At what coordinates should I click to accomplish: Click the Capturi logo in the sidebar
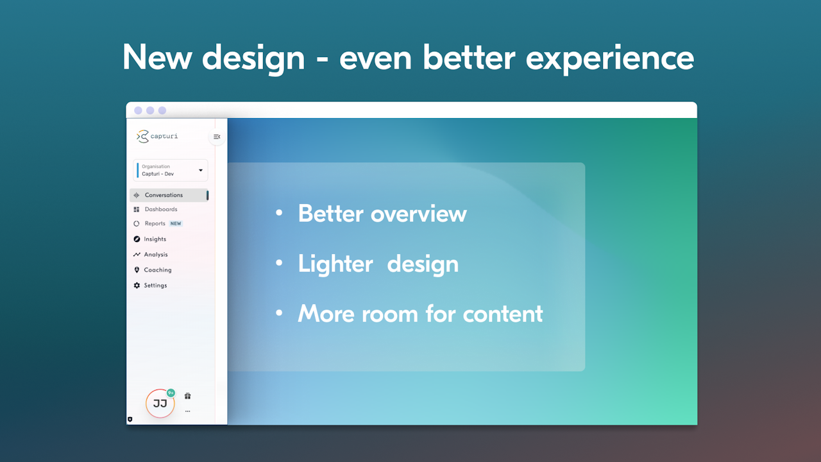(157, 137)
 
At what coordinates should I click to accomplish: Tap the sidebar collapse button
(217, 137)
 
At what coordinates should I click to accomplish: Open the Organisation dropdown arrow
(201, 170)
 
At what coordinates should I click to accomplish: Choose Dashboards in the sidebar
(161, 209)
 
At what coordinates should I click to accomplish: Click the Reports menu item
(155, 223)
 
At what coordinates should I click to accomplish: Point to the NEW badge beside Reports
(176, 223)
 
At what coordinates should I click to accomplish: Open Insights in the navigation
(155, 239)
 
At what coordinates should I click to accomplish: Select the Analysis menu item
(156, 255)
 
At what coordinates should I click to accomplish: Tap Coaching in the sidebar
(158, 270)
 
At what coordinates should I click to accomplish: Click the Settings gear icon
(137, 286)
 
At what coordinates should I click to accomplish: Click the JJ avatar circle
(160, 404)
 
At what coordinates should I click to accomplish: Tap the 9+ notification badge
(171, 393)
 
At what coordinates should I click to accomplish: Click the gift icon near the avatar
(188, 396)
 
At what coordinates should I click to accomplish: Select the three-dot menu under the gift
(188, 411)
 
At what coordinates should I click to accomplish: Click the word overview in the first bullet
(419, 214)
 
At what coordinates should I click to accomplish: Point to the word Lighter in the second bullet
(335, 264)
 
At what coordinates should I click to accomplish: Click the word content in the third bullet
(503, 314)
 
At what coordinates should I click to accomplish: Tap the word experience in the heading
(610, 58)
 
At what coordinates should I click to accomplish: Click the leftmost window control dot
(138, 110)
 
